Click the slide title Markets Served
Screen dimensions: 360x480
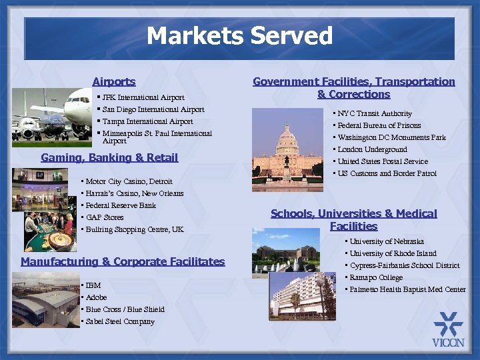(x=239, y=36)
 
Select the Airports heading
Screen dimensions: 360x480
(x=114, y=81)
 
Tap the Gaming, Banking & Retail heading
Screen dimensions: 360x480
(x=109, y=157)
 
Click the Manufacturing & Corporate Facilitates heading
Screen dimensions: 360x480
(x=123, y=261)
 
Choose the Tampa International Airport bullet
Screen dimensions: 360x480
(x=147, y=121)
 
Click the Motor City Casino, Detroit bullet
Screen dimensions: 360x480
(x=129, y=181)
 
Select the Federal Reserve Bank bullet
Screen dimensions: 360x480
(x=121, y=205)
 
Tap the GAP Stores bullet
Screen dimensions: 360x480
(x=105, y=217)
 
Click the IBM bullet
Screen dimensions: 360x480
(x=93, y=285)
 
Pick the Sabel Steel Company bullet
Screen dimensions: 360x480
(x=120, y=321)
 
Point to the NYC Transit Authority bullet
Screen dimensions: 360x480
(x=375, y=113)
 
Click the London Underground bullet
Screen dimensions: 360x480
(x=372, y=149)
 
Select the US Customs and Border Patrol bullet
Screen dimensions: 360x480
(x=387, y=173)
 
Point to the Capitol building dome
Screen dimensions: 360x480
(x=287, y=137)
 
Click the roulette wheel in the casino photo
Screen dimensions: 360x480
(x=59, y=239)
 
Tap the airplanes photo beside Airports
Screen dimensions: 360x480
(x=60, y=117)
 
